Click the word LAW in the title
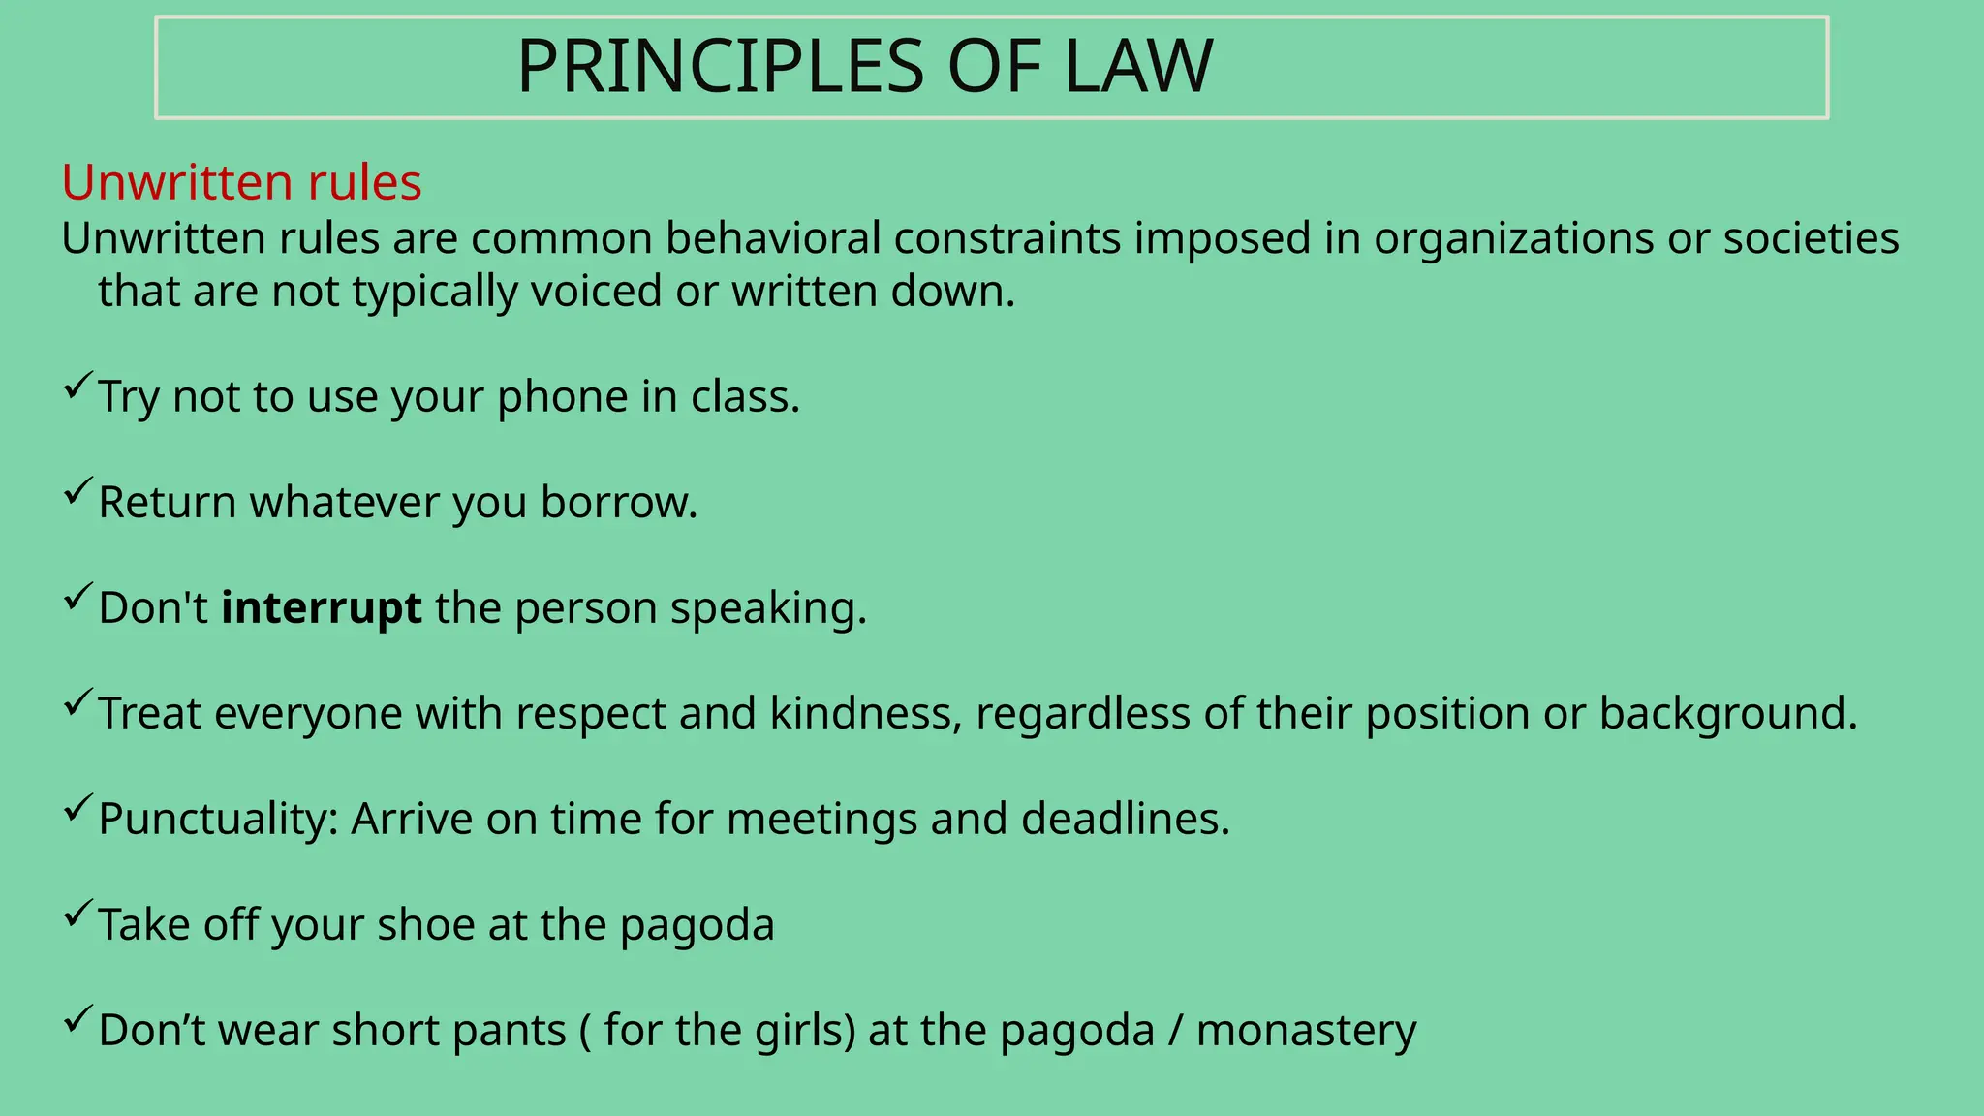pos(1138,67)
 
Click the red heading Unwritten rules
pos(241,182)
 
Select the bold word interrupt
pos(322,608)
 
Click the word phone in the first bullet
pos(563,397)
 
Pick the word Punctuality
pos(218,820)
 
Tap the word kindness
pos(865,714)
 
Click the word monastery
pos(1306,1031)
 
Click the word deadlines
pos(1125,820)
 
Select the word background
pos(1727,714)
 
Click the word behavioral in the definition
pos(773,239)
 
